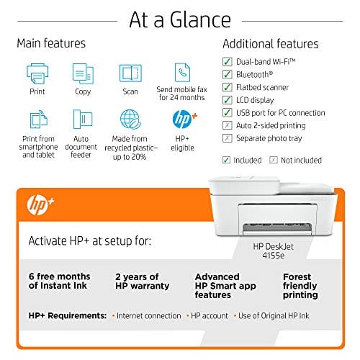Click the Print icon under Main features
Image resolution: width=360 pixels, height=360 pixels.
pos(37,73)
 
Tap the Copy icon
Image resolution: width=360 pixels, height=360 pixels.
pos(83,73)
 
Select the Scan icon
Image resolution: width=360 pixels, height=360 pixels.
pos(130,73)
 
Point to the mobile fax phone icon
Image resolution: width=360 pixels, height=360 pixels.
pos(181,72)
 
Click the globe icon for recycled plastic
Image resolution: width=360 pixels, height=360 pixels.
pos(130,119)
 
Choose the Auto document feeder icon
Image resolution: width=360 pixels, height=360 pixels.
pos(83,120)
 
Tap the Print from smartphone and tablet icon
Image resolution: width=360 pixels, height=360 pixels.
pos(37,120)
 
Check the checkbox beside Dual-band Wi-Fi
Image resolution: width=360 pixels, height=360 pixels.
pos(228,61)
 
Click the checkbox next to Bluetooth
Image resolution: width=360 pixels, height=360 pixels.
pos(228,74)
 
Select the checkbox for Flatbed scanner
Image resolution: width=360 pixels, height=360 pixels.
pos(228,87)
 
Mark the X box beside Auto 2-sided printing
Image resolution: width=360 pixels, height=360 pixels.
pos(228,125)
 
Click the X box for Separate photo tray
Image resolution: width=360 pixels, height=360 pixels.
pos(228,138)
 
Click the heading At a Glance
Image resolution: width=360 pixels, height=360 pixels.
pos(179,19)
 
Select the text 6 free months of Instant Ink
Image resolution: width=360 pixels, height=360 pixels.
pos(60,281)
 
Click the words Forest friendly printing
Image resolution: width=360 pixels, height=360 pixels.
pos(300,285)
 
